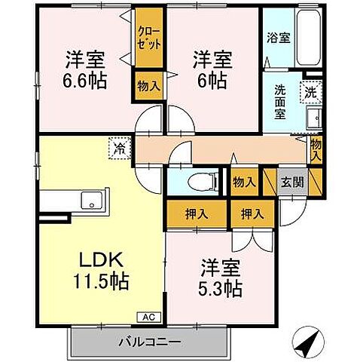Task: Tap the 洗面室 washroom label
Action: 279,100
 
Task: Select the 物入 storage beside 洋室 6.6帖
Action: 148,86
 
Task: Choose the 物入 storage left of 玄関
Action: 243,182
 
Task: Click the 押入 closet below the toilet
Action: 197,213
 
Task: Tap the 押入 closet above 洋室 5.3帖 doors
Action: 252,213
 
